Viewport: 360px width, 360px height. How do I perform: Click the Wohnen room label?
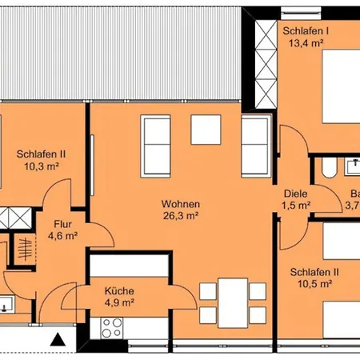(x=178, y=204)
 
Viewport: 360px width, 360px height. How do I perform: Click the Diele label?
(x=296, y=193)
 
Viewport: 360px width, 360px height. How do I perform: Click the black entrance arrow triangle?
(x=58, y=339)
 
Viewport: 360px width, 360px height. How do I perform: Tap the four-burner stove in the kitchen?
(x=110, y=326)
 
